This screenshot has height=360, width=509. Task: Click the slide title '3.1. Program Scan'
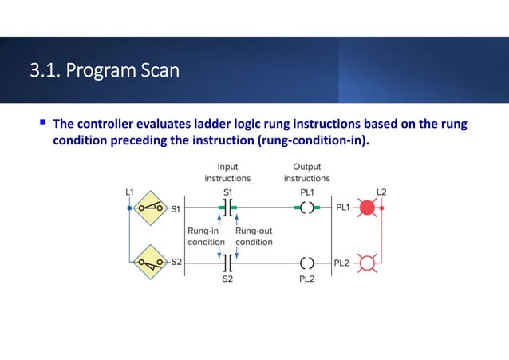point(105,72)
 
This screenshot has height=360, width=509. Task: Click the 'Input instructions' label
point(227,172)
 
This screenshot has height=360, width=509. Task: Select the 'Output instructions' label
point(306,172)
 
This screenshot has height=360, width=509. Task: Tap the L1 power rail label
point(129,192)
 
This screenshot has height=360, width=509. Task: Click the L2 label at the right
point(381,192)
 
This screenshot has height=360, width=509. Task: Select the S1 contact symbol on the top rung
point(228,208)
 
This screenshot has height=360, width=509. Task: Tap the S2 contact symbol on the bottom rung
point(228,262)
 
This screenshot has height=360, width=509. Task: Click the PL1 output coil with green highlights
point(306,208)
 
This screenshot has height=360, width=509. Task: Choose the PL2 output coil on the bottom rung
point(306,262)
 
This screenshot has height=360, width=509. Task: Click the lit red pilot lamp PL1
point(366,208)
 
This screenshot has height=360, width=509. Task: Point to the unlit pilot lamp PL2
point(366,262)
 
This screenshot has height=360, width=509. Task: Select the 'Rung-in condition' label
point(203,236)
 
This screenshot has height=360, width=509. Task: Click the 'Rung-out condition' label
point(254,236)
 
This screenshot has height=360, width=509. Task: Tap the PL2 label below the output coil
point(306,279)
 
